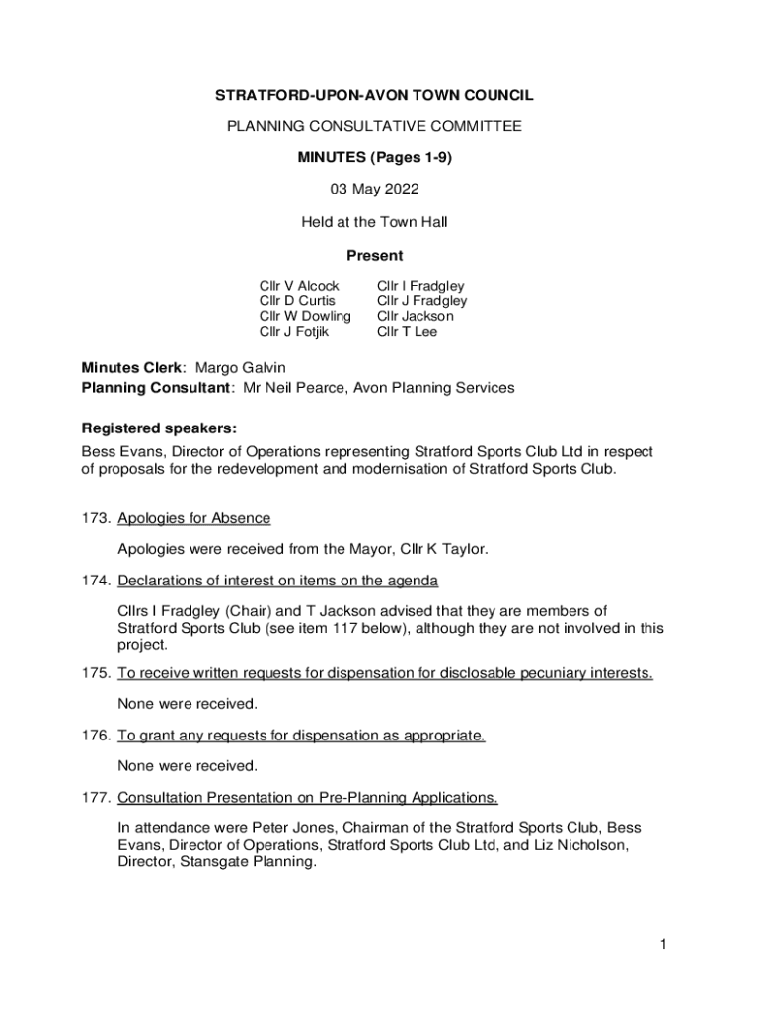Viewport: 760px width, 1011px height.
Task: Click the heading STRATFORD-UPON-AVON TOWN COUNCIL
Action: tap(374, 96)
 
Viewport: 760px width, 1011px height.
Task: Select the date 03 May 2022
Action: tap(374, 189)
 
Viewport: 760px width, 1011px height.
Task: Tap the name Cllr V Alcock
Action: tap(299, 286)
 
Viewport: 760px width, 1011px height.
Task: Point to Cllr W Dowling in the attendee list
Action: tap(305, 316)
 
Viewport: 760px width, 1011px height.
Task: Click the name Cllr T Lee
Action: tap(407, 332)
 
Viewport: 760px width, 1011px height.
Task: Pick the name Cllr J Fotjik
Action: tap(293, 332)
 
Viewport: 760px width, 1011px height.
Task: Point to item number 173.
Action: tap(95, 518)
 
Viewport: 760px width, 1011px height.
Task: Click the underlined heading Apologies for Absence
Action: tap(193, 518)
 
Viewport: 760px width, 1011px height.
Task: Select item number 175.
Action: tap(95, 673)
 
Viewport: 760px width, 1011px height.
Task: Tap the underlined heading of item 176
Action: tap(301, 736)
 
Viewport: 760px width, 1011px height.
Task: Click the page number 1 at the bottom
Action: tap(665, 945)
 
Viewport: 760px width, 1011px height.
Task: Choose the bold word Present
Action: tap(374, 255)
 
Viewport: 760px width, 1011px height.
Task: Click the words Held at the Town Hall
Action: tap(374, 222)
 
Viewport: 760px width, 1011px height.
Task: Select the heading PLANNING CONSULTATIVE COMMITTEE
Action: tap(374, 126)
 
